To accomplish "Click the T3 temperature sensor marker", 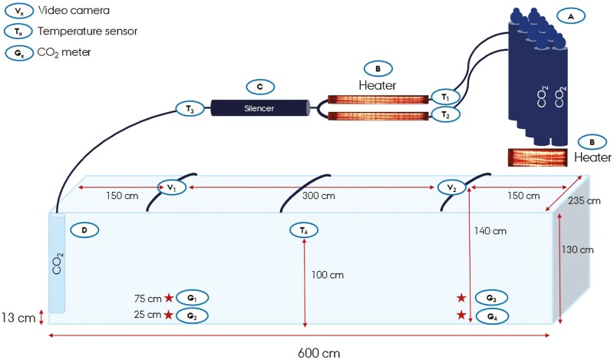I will pos(189,109).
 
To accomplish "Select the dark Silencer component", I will pos(259,108).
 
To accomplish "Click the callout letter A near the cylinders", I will pos(569,15).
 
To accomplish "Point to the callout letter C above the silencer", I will pos(259,86).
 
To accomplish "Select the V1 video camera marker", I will pos(172,187).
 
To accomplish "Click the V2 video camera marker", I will pos(451,187).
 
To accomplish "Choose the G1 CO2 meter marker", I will pos(192,297).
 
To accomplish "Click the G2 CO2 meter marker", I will pos(192,315).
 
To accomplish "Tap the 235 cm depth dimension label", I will pos(582,202).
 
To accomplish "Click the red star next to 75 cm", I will pos(169,298).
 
